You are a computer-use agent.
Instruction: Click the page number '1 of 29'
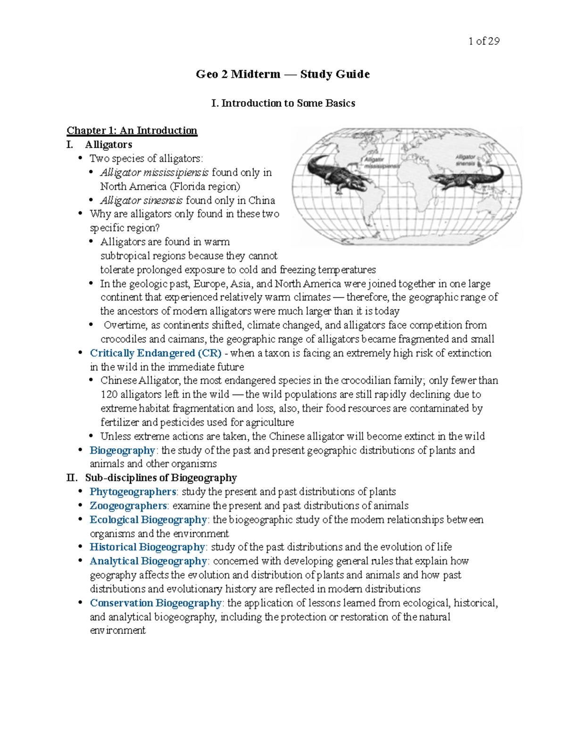483,41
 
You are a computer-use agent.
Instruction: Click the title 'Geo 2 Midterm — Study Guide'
283,74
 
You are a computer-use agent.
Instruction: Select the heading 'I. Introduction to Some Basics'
283,103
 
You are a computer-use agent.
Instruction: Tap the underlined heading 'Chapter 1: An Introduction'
132,130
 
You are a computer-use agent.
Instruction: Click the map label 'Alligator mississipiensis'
381,163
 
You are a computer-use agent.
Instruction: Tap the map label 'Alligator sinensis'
465,160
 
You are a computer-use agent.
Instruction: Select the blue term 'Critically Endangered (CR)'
156,353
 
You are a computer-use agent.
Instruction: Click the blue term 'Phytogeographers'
133,492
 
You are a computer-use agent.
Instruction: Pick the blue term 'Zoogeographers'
128,506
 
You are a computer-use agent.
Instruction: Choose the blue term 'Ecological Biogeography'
148,520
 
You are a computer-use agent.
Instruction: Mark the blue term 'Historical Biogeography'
147,547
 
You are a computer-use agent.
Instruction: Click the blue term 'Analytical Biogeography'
148,561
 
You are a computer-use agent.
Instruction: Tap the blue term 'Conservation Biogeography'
156,603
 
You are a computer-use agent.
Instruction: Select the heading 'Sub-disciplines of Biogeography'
161,478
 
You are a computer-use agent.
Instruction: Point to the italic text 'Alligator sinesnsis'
141,200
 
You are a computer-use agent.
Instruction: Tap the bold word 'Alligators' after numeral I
108,144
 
